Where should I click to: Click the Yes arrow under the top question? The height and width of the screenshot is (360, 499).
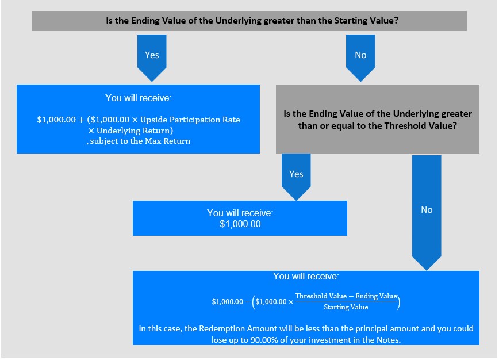[152, 58]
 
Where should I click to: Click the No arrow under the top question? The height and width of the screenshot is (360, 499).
[360, 58]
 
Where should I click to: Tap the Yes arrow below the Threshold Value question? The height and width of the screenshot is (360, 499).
[296, 177]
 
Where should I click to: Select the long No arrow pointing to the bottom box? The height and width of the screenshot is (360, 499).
[427, 213]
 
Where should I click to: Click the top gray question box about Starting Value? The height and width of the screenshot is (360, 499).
[249, 21]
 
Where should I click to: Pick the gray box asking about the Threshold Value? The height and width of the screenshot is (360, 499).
[378, 119]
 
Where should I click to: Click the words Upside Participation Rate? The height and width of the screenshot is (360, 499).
[190, 120]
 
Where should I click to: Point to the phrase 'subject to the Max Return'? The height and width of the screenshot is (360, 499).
[140, 141]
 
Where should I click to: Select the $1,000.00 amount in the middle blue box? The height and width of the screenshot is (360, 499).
[240, 224]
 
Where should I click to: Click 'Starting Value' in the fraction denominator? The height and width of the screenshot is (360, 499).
[346, 307]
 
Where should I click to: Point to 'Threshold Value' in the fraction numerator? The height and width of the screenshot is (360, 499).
[321, 296]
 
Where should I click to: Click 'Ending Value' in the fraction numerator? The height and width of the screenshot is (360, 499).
[376, 296]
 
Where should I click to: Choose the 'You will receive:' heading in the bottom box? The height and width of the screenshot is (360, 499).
[306, 276]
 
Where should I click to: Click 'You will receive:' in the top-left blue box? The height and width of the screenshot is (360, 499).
[138, 98]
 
